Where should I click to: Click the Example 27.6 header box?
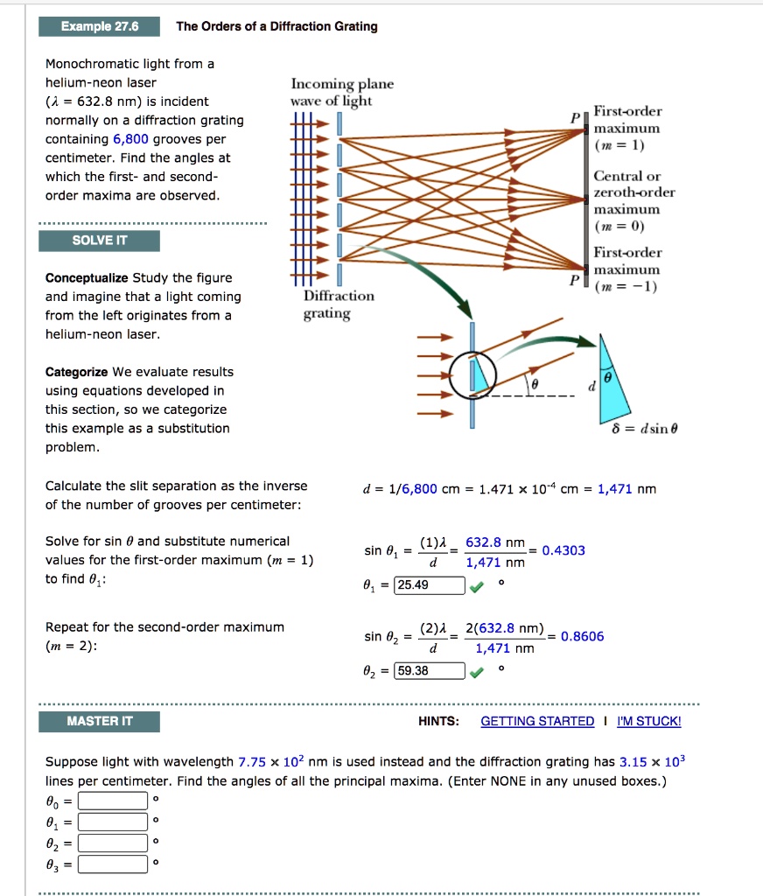pyautogui.click(x=99, y=26)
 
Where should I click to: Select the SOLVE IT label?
pyautogui.click(x=99, y=241)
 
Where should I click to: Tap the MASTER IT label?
pyautogui.click(x=99, y=721)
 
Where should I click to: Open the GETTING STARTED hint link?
pyautogui.click(x=537, y=721)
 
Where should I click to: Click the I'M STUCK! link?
pyautogui.click(x=648, y=721)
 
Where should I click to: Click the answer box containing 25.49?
pyautogui.click(x=430, y=585)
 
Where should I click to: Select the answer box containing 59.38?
pyautogui.click(x=430, y=671)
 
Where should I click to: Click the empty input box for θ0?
pyautogui.click(x=112, y=801)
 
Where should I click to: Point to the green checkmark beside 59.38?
pyautogui.click(x=477, y=672)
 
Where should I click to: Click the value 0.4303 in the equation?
pyautogui.click(x=563, y=550)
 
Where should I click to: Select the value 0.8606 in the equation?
pyautogui.click(x=582, y=636)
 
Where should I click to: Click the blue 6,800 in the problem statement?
pyautogui.click(x=131, y=139)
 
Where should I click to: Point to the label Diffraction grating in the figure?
pyautogui.click(x=339, y=304)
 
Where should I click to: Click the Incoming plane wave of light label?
pyautogui.click(x=341, y=92)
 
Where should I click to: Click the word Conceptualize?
pyautogui.click(x=87, y=278)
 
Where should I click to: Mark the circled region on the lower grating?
pyautogui.click(x=473, y=374)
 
